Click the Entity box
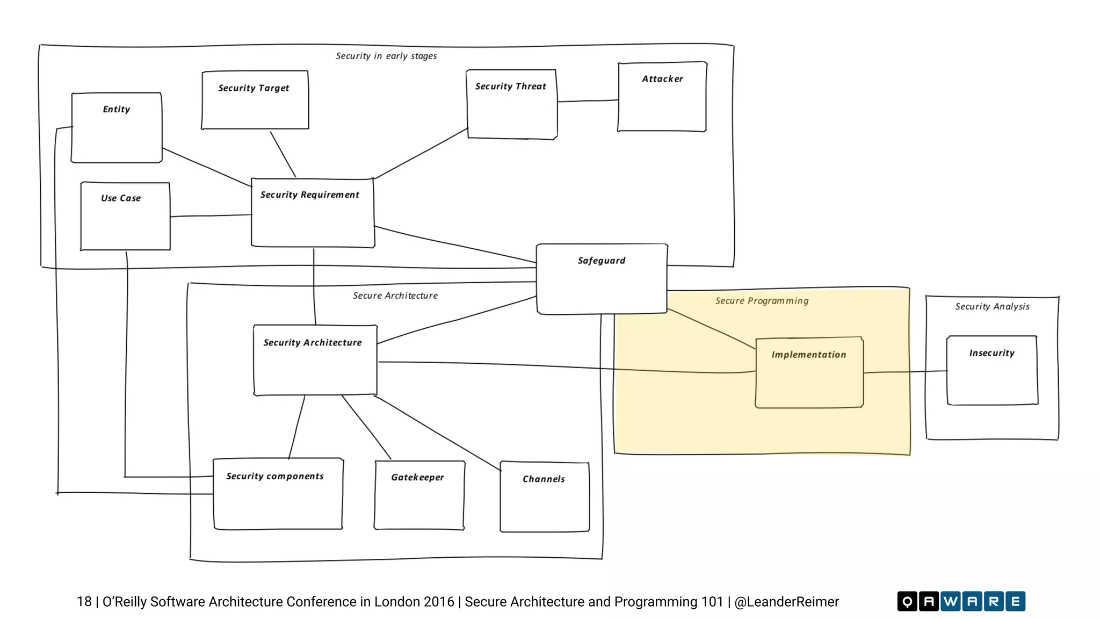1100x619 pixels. click(117, 128)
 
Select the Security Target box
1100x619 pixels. click(255, 100)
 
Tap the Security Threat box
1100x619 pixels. click(512, 104)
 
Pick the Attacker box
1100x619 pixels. click(662, 97)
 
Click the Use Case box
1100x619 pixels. click(125, 216)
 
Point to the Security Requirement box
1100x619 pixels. click(313, 213)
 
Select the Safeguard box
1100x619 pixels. click(602, 279)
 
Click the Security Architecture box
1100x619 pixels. click(315, 360)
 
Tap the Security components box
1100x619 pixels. click(278, 494)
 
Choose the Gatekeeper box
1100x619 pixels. click(419, 495)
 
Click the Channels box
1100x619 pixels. click(545, 496)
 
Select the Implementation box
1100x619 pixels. click(809, 372)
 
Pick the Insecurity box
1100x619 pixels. click(992, 370)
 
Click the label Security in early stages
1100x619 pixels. click(386, 56)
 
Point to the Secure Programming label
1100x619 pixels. click(762, 301)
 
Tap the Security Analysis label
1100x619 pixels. click(992, 306)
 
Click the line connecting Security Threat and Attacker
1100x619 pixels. click(588, 101)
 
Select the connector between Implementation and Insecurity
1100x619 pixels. click(905, 372)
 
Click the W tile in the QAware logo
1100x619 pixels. click(950, 601)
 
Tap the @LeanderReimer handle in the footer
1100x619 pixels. click(786, 602)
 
